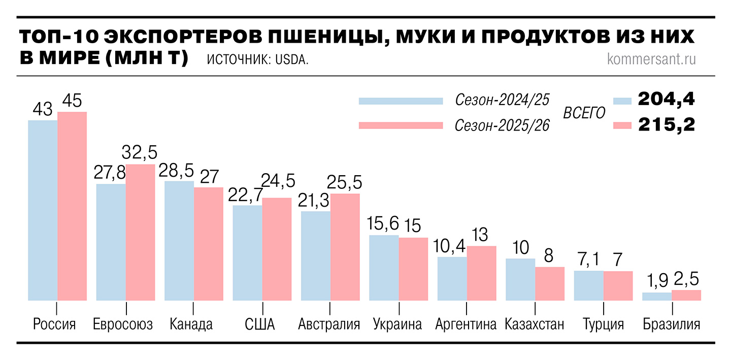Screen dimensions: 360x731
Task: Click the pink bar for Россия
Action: point(72,206)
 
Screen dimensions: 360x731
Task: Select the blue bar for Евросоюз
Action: point(111,242)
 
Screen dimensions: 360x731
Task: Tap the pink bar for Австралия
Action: point(345,247)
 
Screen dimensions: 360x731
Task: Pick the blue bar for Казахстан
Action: point(520,279)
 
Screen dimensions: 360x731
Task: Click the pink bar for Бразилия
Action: point(686,295)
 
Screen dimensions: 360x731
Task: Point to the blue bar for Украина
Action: point(384,268)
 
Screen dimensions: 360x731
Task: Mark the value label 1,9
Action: point(656,281)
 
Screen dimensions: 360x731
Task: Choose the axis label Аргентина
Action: point(466,324)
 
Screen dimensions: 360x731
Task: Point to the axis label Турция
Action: point(603,324)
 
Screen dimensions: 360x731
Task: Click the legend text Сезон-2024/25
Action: point(502,100)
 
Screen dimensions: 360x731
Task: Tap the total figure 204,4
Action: point(666,99)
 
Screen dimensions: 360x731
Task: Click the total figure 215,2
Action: point(666,124)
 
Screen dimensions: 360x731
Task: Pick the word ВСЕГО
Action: point(584,112)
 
